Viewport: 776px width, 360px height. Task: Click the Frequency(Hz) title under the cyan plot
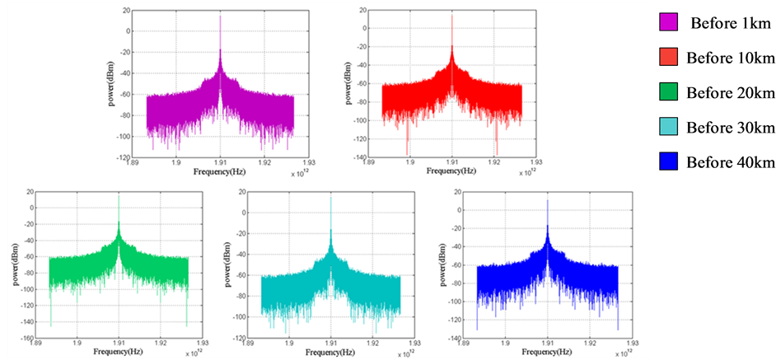pyautogui.click(x=331, y=352)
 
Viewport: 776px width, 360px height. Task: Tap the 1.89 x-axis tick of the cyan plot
pyautogui.click(x=245, y=342)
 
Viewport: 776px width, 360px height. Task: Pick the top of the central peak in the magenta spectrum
pyautogui.click(x=220, y=16)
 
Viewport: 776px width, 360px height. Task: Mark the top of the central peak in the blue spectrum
pyautogui.click(x=548, y=199)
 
